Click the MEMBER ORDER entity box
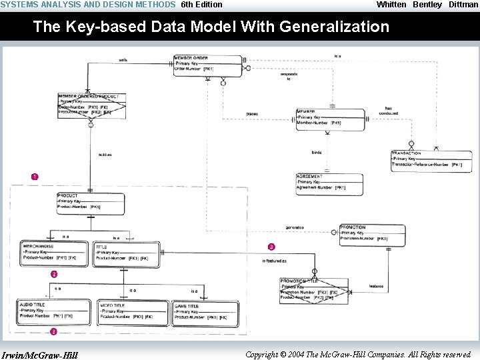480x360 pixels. tap(207, 65)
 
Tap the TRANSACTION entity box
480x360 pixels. tap(431, 161)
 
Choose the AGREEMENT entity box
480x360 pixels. tap(329, 184)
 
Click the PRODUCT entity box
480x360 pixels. tap(90, 203)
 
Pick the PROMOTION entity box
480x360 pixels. tap(371, 235)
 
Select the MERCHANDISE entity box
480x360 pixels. tap(55, 253)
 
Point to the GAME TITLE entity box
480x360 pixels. tap(205, 313)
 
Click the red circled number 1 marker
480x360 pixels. tap(35, 177)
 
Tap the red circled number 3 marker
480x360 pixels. tap(271, 247)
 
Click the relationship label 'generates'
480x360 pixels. tap(294, 227)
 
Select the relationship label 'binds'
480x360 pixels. tap(317, 153)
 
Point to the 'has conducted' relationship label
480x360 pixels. tap(389, 111)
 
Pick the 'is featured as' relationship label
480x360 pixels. tap(274, 261)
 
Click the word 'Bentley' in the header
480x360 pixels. tap(427, 5)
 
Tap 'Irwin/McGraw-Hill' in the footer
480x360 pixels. tap(40, 355)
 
